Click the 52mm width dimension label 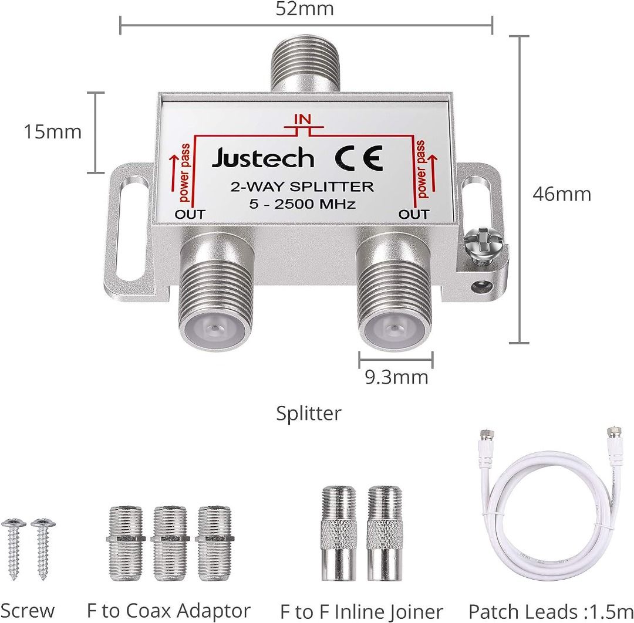pyautogui.click(x=305, y=8)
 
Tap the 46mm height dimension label pyautogui.click(x=562, y=194)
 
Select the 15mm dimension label pyautogui.click(x=53, y=132)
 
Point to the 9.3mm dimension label pyautogui.click(x=396, y=377)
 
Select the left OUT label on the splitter pyautogui.click(x=190, y=214)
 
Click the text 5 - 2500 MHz pyautogui.click(x=302, y=204)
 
